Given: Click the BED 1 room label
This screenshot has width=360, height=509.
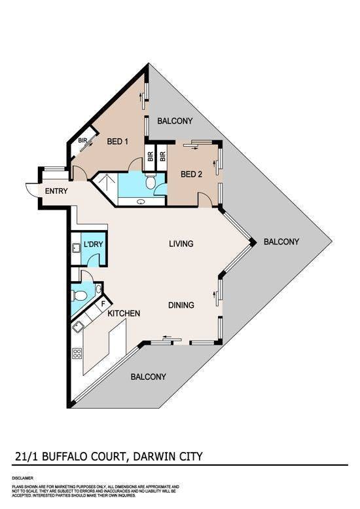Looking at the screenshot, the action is pyautogui.click(x=117, y=141).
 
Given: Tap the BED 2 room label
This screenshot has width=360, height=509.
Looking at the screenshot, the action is pyautogui.click(x=191, y=174).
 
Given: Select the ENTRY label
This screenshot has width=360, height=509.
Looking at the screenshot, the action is pyautogui.click(x=56, y=191).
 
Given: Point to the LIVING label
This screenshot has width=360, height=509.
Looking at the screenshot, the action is pyautogui.click(x=181, y=244).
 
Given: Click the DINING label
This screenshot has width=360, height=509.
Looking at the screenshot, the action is pyautogui.click(x=181, y=305).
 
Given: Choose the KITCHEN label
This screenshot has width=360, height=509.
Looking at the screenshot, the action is pyautogui.click(x=124, y=314).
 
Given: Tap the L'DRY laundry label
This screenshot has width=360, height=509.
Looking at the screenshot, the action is pyautogui.click(x=93, y=244).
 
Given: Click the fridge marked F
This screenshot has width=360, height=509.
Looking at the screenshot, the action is pyautogui.click(x=103, y=305).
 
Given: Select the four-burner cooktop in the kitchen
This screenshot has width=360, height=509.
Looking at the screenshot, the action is pyautogui.click(x=77, y=353).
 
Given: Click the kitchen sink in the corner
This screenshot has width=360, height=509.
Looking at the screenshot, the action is pyautogui.click(x=77, y=328).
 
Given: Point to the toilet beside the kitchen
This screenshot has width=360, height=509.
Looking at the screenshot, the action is pyautogui.click(x=79, y=295).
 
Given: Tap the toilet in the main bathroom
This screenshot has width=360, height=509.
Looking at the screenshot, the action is pyautogui.click(x=151, y=182).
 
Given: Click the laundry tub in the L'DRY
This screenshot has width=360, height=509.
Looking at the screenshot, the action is pyautogui.click(x=76, y=248).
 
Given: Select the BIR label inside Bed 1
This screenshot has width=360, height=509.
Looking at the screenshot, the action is pyautogui.click(x=82, y=141).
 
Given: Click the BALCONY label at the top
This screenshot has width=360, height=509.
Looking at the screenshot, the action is pyautogui.click(x=175, y=121).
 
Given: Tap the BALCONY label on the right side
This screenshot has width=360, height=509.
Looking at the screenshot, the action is pyautogui.click(x=281, y=242).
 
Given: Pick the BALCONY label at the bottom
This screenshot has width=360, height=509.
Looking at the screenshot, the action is pyautogui.click(x=148, y=377).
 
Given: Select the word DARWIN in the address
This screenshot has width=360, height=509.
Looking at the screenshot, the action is pyautogui.click(x=151, y=457).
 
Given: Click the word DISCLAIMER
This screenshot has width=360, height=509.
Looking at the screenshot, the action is pyautogui.click(x=22, y=478).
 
